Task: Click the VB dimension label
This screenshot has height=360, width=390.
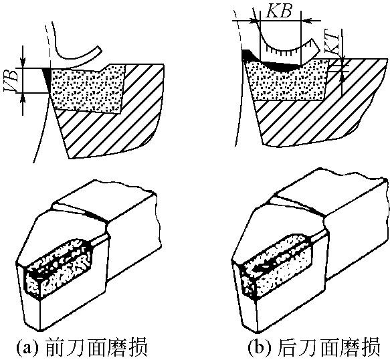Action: [11, 80]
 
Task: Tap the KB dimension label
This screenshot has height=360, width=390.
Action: [279, 11]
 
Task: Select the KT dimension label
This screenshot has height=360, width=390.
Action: [332, 43]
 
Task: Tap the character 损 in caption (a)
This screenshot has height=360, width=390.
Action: [137, 347]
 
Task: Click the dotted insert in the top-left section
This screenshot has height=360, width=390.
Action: [87, 88]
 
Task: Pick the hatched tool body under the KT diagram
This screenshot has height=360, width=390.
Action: [321, 112]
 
